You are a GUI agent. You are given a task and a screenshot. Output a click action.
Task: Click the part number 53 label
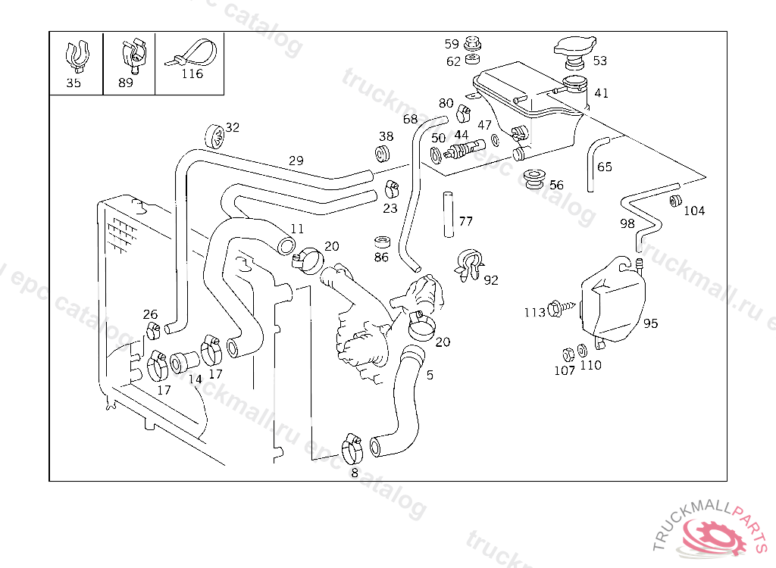pyautogui.click(x=600, y=61)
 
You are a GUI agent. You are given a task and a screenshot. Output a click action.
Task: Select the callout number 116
pyautogui.click(x=192, y=74)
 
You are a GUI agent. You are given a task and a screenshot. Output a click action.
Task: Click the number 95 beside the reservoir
pyautogui.click(x=651, y=323)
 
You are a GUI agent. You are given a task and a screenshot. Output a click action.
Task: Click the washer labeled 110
pyautogui.click(x=580, y=351)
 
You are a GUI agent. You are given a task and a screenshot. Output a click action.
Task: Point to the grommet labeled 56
pyautogui.click(x=534, y=180)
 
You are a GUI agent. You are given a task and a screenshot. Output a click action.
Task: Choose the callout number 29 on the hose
pyautogui.click(x=296, y=161)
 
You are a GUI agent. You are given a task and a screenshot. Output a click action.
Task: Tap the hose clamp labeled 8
pyautogui.click(x=351, y=449)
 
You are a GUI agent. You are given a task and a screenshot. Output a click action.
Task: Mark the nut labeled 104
pyautogui.click(x=673, y=201)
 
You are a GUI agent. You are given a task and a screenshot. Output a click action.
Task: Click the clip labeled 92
pyautogui.click(x=471, y=266)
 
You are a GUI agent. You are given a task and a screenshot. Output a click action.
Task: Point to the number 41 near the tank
pyautogui.click(x=602, y=93)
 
